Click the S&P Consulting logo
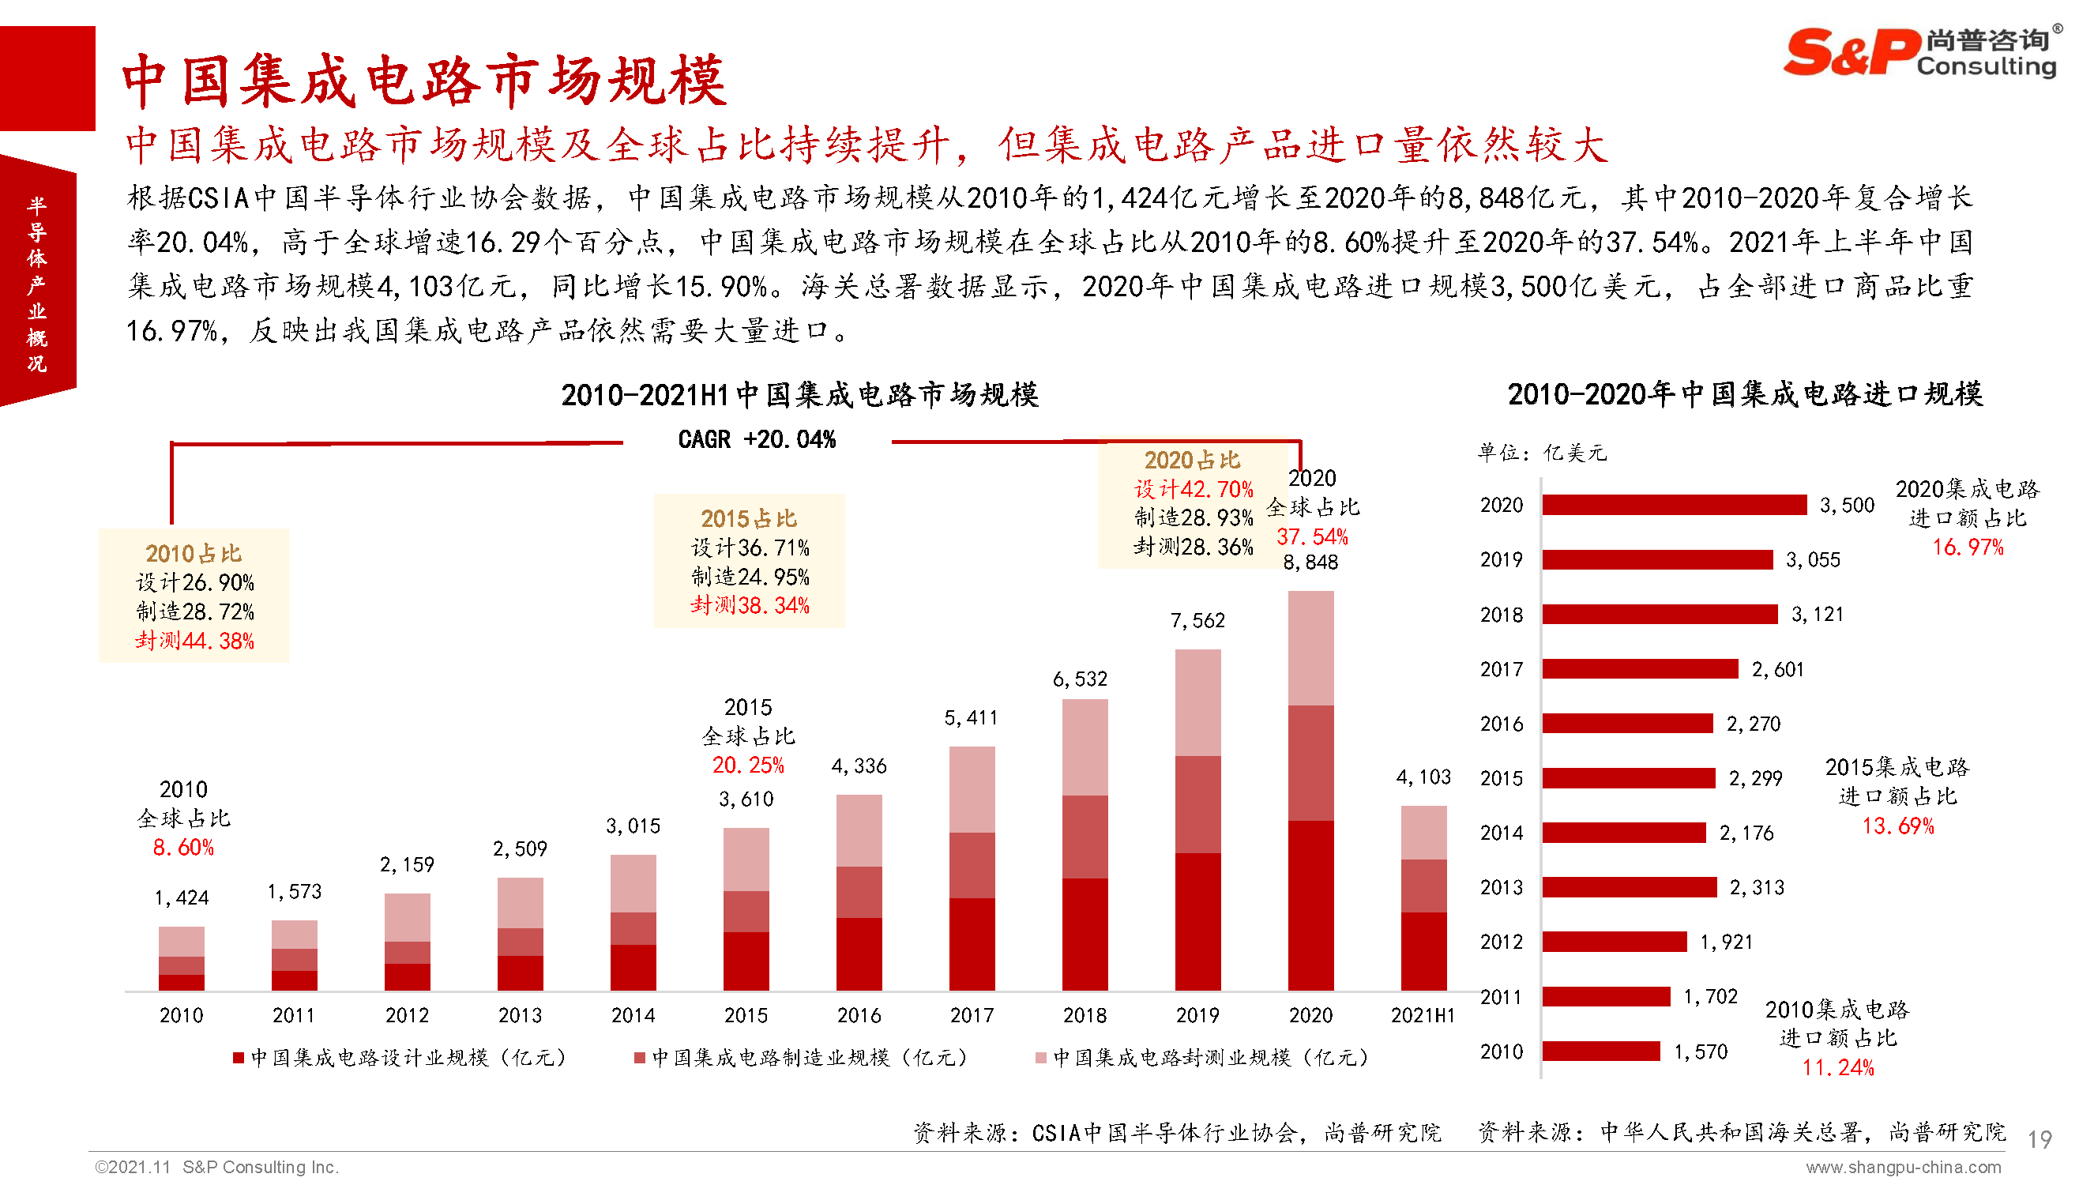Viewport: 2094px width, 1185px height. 1920,52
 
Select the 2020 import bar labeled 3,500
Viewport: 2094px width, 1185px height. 1674,506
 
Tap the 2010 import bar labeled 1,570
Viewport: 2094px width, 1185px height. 1600,1051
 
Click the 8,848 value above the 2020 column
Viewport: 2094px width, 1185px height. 1310,562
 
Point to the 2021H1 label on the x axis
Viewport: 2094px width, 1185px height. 1422,1016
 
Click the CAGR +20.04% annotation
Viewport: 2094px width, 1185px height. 757,440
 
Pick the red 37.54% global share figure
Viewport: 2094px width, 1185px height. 1311,537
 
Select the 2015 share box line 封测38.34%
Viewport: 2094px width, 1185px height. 750,605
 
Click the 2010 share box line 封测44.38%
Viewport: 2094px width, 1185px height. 194,641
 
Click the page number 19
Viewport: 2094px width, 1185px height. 2039,1139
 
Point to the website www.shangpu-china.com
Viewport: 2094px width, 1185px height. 1903,1168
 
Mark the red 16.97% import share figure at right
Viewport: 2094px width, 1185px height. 1967,547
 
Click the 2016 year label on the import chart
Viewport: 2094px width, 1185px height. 1501,724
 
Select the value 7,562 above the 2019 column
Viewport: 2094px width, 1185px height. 1197,621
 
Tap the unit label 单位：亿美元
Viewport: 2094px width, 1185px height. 1542,453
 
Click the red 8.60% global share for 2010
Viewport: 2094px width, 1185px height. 183,848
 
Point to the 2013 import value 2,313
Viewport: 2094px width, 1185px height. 1757,888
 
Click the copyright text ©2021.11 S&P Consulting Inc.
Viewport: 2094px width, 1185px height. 216,1167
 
